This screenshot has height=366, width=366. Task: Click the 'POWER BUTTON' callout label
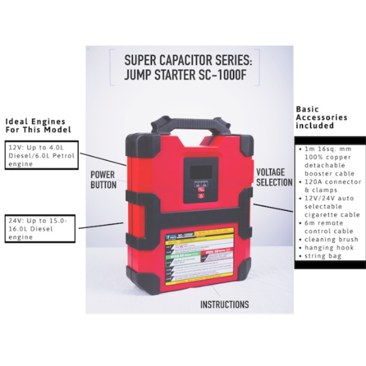pos(104,179)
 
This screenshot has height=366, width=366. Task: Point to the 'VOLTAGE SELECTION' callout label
pos(273,177)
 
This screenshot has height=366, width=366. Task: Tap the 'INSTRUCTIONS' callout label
pos(224,304)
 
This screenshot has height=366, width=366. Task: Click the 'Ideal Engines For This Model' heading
pos(38,125)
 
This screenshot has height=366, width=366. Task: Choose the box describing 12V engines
pos(41,155)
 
